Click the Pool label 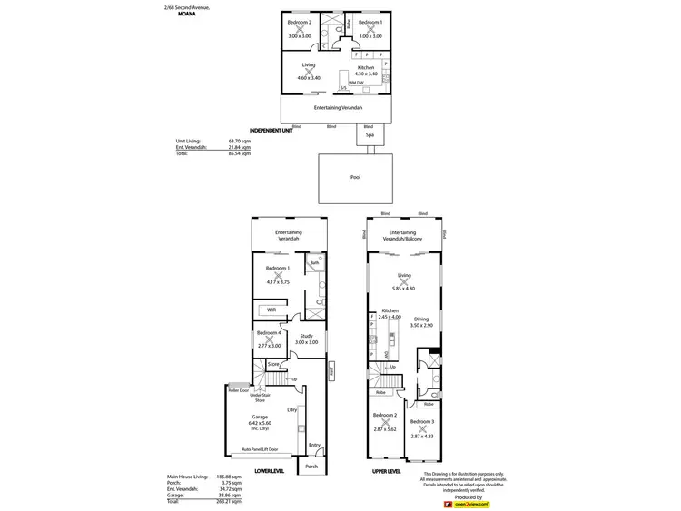(x=355, y=177)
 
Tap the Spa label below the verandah (x=370, y=134)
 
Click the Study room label (x=306, y=336)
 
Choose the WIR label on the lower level (x=271, y=310)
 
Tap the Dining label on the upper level (x=421, y=319)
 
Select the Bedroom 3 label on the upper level (x=422, y=422)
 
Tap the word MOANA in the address (x=187, y=15)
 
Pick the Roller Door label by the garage (x=239, y=390)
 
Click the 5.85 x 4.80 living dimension (x=403, y=288)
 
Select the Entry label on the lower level (x=314, y=445)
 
